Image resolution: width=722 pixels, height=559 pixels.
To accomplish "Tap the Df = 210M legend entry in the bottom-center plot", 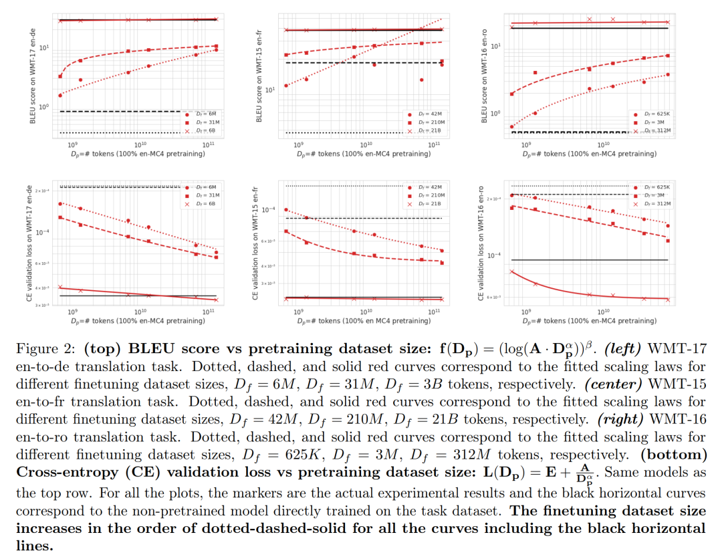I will [429, 195].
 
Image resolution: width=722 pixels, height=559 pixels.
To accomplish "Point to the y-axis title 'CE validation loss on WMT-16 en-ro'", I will [481, 242].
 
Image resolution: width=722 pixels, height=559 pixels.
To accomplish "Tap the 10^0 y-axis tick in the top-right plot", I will [495, 114].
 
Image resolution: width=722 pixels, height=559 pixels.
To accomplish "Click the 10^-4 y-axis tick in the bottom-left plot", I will [43, 233].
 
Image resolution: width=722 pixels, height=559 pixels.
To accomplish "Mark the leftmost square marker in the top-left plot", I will [60, 76].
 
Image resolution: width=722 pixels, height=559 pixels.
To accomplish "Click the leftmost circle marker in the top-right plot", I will [512, 126].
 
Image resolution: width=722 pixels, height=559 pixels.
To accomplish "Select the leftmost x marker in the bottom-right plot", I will [512, 271].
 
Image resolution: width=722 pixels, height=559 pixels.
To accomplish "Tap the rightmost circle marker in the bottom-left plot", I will [216, 253].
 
